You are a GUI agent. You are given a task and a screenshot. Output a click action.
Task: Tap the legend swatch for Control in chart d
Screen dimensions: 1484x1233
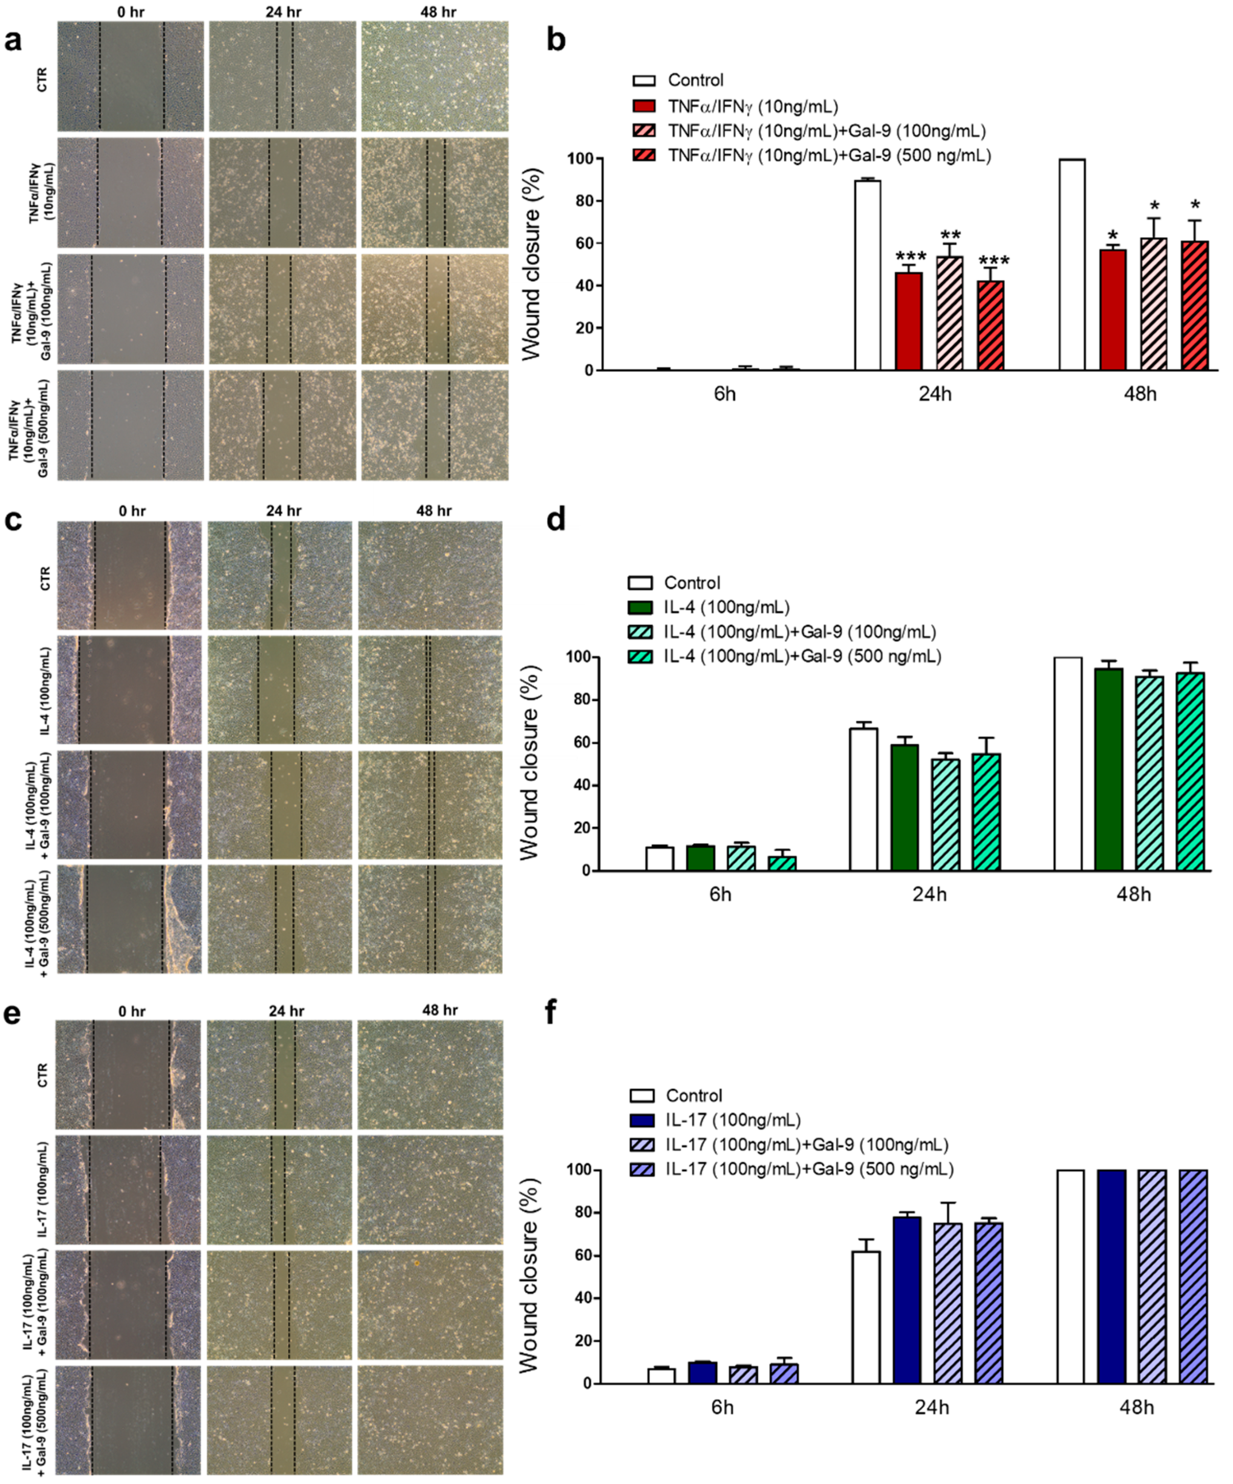pyautogui.click(x=640, y=583)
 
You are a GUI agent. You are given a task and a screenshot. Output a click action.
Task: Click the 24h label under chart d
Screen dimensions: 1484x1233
pyautogui.click(x=929, y=895)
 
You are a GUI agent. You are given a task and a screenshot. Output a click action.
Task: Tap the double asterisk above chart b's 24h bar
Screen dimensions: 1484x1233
pyautogui.click(x=950, y=235)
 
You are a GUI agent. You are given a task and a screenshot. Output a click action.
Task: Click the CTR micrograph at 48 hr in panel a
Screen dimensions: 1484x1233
pyautogui.click(x=435, y=76)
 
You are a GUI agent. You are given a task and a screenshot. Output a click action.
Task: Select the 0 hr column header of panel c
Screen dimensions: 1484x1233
pyautogui.click(x=132, y=511)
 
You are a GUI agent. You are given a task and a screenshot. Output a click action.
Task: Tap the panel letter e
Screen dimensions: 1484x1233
pyautogui.click(x=12, y=1014)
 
